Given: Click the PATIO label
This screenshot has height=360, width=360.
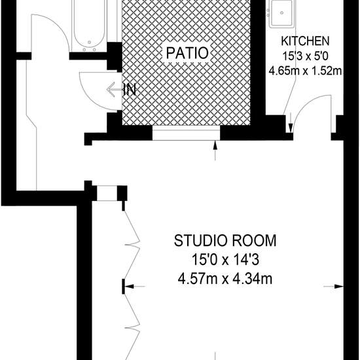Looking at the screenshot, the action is point(187,53).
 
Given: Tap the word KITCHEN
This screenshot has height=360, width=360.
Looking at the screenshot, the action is point(305,41).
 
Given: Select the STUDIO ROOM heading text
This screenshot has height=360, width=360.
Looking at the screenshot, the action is point(225,241).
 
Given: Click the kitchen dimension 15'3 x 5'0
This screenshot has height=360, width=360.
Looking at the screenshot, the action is point(305,56).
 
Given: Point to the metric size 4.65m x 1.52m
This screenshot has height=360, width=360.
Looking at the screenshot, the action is point(305,71).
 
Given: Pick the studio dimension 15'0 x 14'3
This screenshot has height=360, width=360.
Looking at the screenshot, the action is point(225,260).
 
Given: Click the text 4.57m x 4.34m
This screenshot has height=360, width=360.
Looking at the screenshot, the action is point(225,279).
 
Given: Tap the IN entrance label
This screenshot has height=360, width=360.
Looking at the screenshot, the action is point(130,90).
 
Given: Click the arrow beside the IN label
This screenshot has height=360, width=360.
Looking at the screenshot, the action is point(114,90).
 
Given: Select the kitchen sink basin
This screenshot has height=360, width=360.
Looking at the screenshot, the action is point(281,13).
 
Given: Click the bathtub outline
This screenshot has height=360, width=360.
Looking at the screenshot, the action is point(89,26).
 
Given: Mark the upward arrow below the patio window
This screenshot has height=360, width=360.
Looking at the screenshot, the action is point(215,151).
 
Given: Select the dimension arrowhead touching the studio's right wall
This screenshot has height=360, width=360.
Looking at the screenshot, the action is point(338,287).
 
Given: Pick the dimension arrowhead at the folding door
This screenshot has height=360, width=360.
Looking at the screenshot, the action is point(130,287).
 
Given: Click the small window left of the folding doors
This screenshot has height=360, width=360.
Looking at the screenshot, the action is point(107,193).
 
